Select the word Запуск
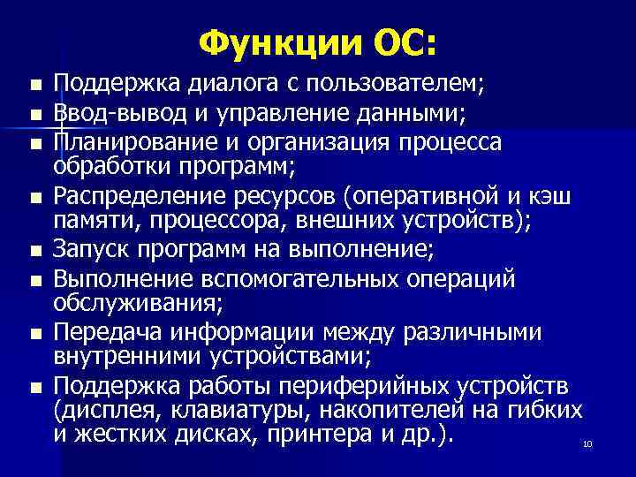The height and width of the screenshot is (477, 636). (x=88, y=251)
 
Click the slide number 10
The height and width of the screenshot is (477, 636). (x=587, y=444)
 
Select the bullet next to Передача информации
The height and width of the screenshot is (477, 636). (x=34, y=334)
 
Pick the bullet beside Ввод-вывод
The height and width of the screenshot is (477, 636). (x=34, y=115)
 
